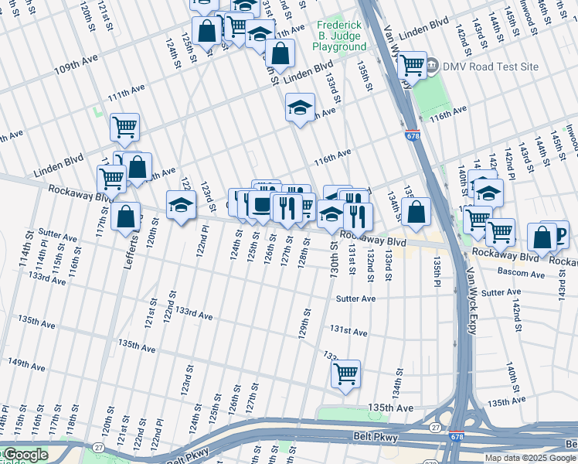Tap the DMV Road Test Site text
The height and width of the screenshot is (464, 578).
[x=490, y=67]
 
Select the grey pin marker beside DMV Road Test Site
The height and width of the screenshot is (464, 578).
[x=433, y=66]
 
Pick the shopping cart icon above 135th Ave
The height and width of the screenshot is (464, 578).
[x=345, y=373]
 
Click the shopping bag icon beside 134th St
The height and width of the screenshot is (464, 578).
[x=416, y=211]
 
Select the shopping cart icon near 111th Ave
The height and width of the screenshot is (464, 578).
[x=124, y=127]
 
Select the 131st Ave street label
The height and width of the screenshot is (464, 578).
[x=348, y=331]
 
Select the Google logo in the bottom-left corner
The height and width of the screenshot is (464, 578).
[x=25, y=455]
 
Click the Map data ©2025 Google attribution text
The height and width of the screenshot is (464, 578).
[x=530, y=458]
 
